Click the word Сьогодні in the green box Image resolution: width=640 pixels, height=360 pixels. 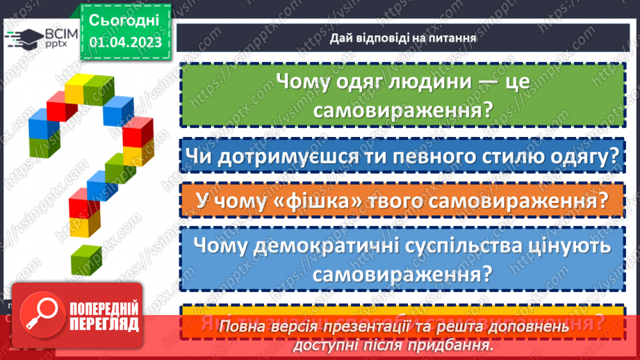click(x=124, y=19)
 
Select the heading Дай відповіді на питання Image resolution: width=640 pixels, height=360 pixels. click(x=403, y=38)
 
